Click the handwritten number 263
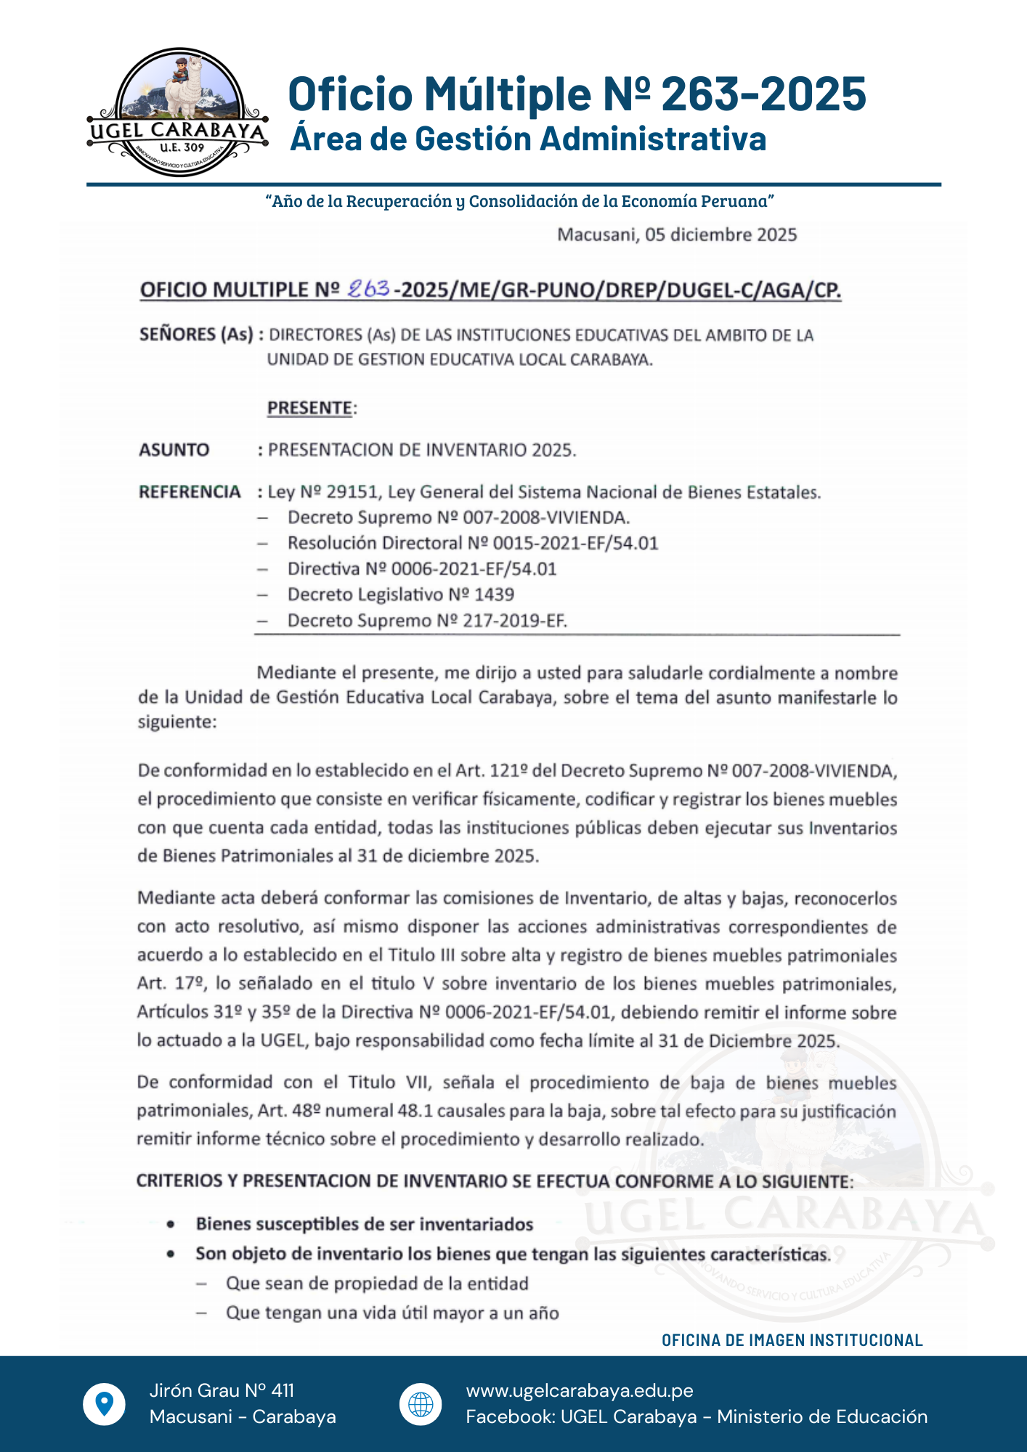(x=369, y=289)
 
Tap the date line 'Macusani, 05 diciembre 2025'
(x=676, y=234)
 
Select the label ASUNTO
(x=174, y=450)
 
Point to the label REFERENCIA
(x=190, y=492)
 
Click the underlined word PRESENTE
(x=310, y=408)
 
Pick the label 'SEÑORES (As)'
(x=195, y=335)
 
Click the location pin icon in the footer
(x=104, y=1404)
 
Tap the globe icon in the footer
(x=421, y=1404)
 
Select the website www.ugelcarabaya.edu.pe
(x=580, y=1390)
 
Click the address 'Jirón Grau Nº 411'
(x=222, y=1390)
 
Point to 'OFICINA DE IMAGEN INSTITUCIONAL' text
(x=792, y=1340)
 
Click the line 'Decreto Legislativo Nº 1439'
(x=400, y=595)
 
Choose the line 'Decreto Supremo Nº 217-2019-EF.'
(x=427, y=621)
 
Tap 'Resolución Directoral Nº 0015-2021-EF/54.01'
(x=473, y=543)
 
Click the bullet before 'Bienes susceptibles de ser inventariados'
(x=171, y=1225)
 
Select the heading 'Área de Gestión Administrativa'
(x=528, y=139)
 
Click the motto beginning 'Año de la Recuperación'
(x=519, y=201)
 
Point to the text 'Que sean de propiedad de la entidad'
(x=377, y=1284)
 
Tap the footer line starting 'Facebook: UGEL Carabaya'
(x=697, y=1416)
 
